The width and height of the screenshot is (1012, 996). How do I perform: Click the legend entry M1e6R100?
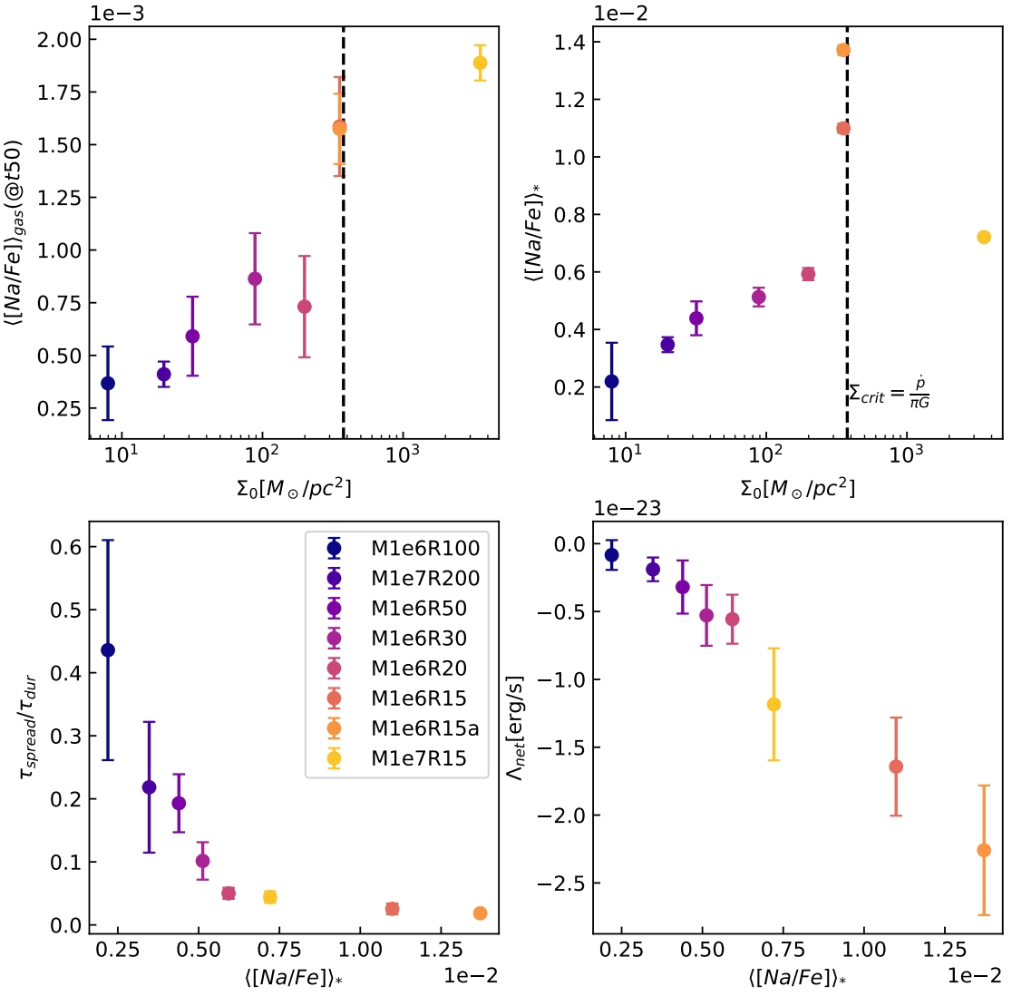425,548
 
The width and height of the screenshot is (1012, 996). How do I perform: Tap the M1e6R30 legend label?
419,639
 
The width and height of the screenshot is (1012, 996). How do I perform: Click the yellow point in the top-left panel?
480,63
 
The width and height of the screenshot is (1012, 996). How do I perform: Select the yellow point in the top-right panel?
984,237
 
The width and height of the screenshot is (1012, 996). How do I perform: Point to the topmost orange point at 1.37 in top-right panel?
843,50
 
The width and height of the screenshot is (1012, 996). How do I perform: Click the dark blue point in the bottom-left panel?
108,649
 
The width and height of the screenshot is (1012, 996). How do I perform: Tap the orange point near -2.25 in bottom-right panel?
984,850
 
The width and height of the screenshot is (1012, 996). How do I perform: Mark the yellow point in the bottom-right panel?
774,704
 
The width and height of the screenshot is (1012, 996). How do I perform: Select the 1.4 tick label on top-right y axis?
571,43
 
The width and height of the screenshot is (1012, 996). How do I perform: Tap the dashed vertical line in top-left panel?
344,272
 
